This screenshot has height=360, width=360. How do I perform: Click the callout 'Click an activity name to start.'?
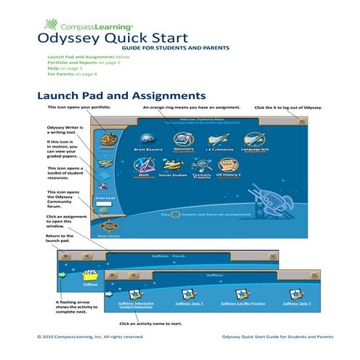pos(151,323)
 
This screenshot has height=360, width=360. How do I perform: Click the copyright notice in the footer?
pos(90,337)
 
